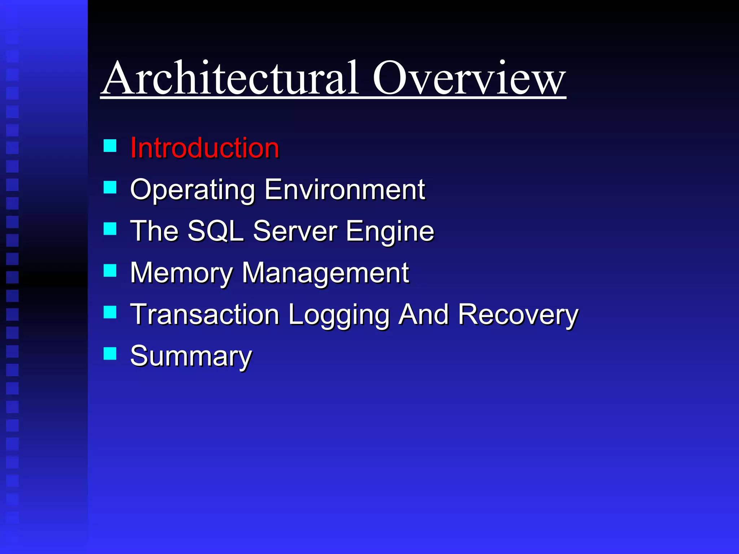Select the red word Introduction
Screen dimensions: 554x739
[x=205, y=148]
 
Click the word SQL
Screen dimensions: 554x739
[x=215, y=231]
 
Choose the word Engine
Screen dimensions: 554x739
[x=390, y=232]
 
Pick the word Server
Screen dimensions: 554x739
[x=295, y=231]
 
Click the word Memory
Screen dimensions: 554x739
[x=182, y=273]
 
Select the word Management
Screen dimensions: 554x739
[x=325, y=273]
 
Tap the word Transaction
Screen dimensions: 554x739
[x=205, y=315]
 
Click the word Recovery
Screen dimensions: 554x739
[x=518, y=315]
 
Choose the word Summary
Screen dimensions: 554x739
[x=191, y=356]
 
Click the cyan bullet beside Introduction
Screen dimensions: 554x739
[x=110, y=146]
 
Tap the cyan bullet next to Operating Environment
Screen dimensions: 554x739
[x=110, y=188]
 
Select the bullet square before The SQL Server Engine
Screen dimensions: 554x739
[x=110, y=229]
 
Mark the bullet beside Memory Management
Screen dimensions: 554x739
[x=110, y=271]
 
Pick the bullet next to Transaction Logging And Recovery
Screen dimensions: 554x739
[x=110, y=312]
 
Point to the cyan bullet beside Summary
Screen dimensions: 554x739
[x=110, y=354]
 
